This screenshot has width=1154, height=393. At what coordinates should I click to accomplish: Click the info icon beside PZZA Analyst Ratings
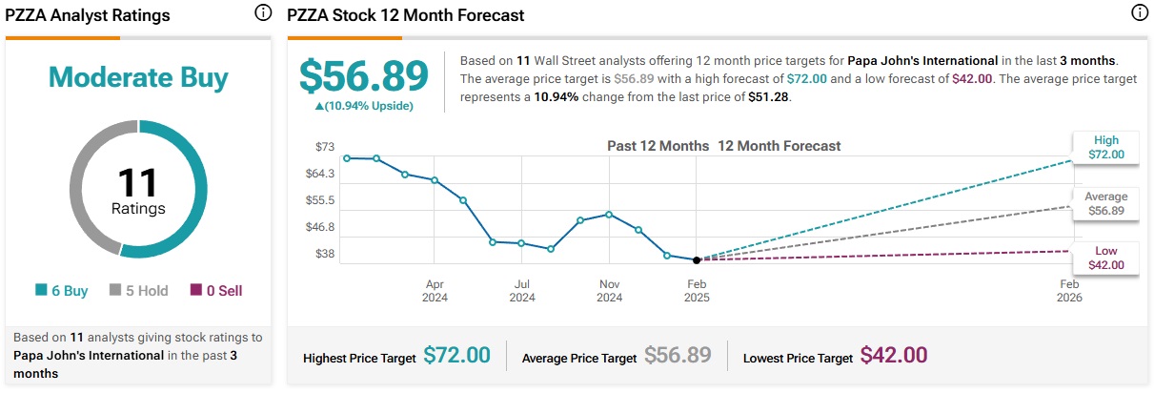click(263, 13)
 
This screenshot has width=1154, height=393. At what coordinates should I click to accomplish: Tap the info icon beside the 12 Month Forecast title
click(1138, 13)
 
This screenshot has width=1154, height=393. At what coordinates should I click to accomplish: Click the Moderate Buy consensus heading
click(138, 76)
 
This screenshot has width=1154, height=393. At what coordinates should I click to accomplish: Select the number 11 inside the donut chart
click(138, 182)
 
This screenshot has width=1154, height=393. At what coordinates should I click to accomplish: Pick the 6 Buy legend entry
click(62, 291)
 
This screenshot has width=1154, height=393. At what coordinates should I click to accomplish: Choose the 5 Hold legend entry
click(138, 291)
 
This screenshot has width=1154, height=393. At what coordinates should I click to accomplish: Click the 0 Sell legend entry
click(216, 291)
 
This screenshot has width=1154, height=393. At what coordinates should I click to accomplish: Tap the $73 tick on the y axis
click(325, 147)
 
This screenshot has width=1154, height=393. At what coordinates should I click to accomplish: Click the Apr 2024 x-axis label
click(435, 291)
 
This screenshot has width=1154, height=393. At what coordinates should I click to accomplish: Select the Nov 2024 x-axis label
click(609, 291)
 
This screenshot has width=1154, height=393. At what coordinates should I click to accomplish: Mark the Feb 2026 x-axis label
click(1069, 291)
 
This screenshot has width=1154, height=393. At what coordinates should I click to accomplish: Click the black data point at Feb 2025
click(697, 259)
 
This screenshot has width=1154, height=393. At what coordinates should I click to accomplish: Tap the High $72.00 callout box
click(1105, 147)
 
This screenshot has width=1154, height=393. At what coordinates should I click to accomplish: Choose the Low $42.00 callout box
click(1105, 258)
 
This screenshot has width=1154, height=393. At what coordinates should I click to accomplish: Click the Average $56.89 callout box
click(1105, 203)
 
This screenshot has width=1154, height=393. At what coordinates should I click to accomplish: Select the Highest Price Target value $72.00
click(456, 356)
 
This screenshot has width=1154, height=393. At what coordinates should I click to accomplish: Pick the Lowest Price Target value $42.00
click(893, 356)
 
